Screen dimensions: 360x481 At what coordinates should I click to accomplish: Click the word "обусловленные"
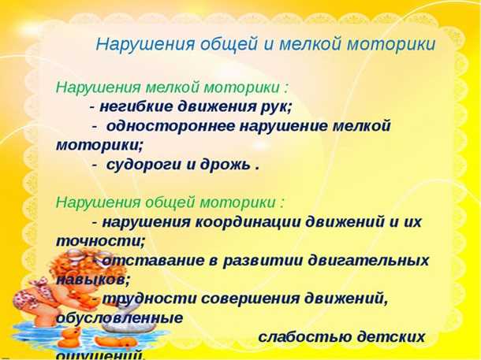coord(119,317)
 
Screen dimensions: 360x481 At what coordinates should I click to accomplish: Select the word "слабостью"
coord(300,336)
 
